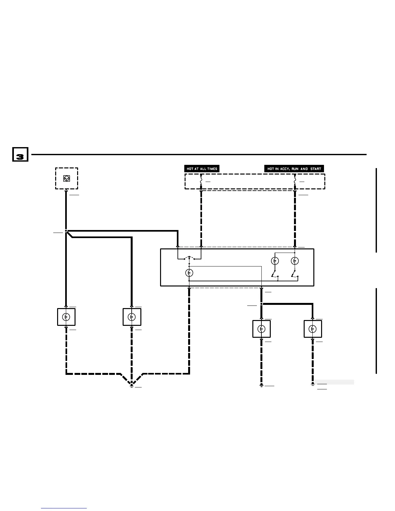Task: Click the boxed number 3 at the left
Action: click(x=20, y=155)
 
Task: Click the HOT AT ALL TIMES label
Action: click(x=202, y=168)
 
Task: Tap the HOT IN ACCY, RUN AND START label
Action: click(x=294, y=168)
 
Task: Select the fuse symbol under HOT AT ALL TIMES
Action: click(x=201, y=182)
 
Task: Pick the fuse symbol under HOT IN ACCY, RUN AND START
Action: click(x=295, y=182)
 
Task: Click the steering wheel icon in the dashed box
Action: click(x=66, y=178)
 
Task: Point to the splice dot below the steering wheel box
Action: click(x=66, y=231)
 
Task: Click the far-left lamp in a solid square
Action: click(x=66, y=317)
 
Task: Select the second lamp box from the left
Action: click(x=132, y=317)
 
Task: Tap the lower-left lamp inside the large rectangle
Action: click(x=189, y=273)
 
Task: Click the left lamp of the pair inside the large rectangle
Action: click(x=275, y=261)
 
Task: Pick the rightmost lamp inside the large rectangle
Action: click(x=295, y=261)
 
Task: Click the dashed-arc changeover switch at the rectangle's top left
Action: click(x=189, y=258)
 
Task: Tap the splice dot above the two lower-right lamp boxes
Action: click(x=261, y=304)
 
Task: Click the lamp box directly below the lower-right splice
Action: click(x=261, y=329)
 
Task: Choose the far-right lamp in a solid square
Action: click(x=313, y=329)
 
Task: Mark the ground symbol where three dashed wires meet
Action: click(x=132, y=385)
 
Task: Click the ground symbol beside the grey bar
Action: click(x=313, y=384)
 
